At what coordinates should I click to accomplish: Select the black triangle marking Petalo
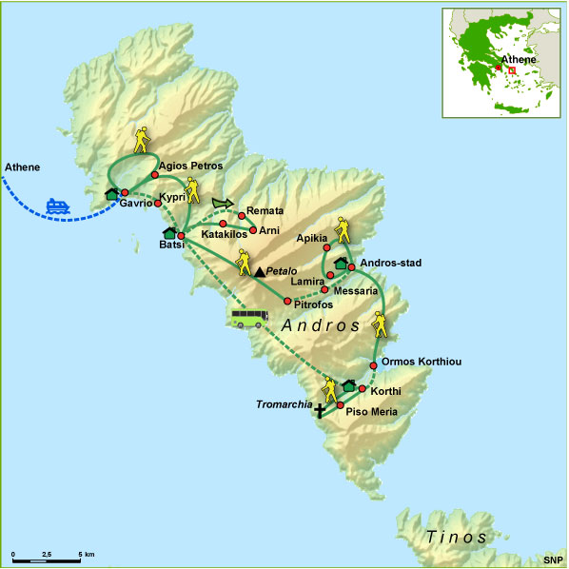[259, 272]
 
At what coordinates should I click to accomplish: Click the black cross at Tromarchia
[319, 411]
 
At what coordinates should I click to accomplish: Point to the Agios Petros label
[190, 165]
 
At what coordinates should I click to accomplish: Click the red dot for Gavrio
[125, 192]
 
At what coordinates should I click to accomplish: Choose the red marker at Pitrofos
[287, 302]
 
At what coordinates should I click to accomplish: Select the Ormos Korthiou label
[422, 363]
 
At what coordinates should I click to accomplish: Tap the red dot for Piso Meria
[340, 405]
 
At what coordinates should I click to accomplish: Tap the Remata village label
[265, 210]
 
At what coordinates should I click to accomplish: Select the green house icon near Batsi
[170, 233]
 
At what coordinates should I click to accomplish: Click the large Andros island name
[321, 325]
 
